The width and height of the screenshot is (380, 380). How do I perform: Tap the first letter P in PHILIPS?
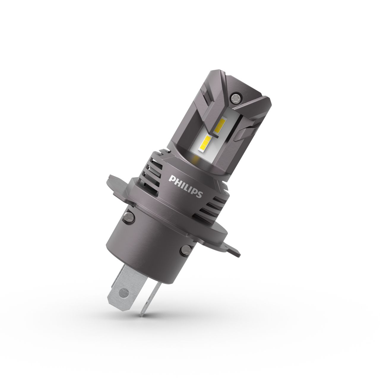[171, 178]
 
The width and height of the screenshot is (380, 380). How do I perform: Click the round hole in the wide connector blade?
[121, 292]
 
